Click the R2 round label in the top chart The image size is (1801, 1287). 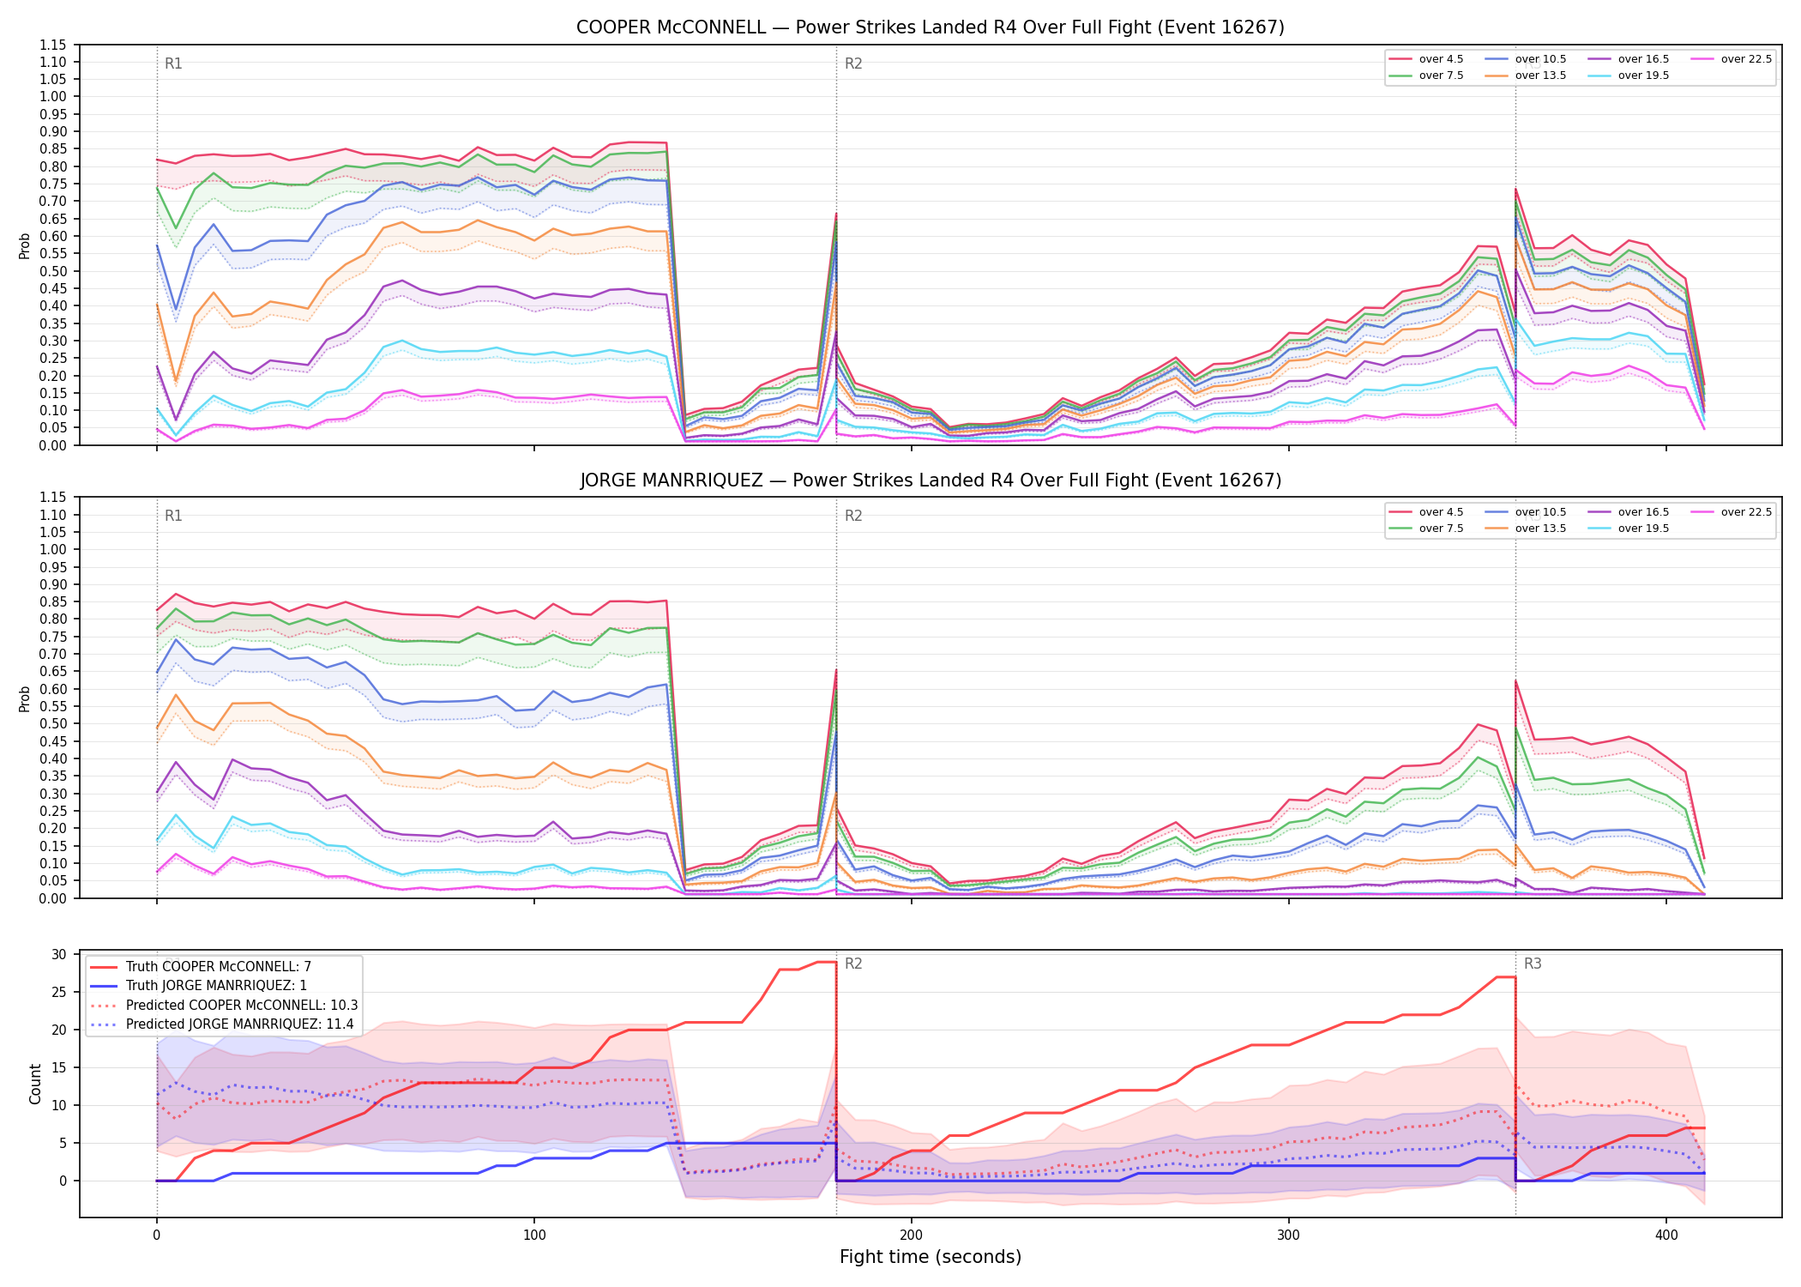click(853, 63)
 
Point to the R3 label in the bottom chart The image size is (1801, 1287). click(1533, 964)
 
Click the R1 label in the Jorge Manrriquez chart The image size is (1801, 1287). click(173, 516)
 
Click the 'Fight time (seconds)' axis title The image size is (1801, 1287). click(931, 1257)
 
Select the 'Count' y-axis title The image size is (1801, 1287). click(35, 1084)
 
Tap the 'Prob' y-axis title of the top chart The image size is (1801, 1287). click(25, 246)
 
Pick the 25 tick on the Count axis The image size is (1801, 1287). click(59, 993)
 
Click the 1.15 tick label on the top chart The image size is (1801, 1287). click(53, 45)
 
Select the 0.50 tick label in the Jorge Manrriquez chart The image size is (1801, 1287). click(53, 723)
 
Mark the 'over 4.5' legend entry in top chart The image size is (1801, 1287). click(1428, 59)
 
